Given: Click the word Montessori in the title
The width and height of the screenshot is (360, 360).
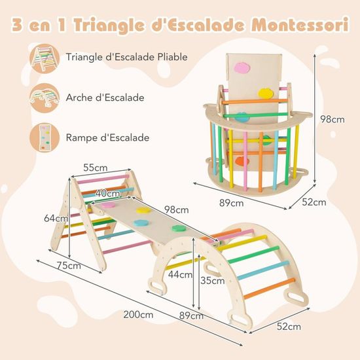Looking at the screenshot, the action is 300,25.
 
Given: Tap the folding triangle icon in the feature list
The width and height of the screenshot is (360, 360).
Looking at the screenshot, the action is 45,59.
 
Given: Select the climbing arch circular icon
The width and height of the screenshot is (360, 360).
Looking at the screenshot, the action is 45,98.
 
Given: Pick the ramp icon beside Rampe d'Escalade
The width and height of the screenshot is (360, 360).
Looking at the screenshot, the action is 45,137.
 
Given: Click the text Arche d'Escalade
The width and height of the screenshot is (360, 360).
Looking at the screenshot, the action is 105,98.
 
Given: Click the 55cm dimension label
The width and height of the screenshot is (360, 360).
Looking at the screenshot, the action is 96,168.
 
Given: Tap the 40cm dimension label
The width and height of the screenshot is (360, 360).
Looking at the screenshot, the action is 108,193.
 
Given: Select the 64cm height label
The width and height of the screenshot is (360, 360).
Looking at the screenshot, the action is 56,219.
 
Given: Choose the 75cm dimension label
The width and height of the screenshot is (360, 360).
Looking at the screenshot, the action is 69,265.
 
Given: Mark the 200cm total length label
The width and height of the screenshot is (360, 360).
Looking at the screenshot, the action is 138,314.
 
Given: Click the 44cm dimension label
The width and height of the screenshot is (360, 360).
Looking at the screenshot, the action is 180,274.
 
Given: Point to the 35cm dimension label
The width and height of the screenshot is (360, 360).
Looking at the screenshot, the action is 212,280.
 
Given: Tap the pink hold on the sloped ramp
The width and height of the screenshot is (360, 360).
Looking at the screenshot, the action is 108,205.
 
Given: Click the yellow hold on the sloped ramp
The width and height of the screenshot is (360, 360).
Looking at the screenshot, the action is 143,210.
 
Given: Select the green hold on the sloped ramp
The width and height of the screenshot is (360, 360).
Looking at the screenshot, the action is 179,228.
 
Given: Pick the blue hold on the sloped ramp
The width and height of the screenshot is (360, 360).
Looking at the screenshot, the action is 141,223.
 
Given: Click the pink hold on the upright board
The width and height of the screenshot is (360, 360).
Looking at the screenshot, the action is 242,67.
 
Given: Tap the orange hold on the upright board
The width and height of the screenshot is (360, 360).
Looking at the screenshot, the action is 242,161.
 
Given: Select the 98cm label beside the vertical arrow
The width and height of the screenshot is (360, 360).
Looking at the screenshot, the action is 333,119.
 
